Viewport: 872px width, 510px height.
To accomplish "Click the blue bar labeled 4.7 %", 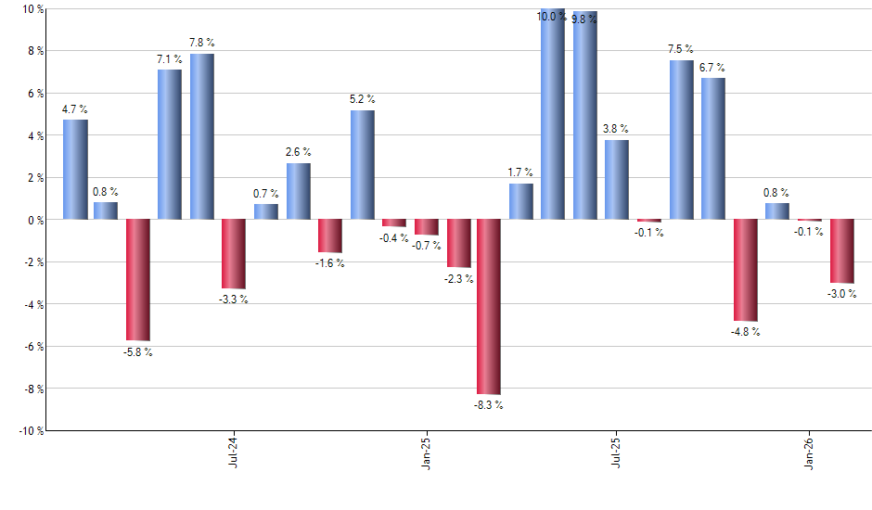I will (x=75, y=170).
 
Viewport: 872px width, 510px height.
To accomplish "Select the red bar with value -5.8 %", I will (x=138, y=280).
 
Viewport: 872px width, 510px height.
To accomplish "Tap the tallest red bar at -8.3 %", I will (x=489, y=307).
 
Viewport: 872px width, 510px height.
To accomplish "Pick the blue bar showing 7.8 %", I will (x=202, y=136).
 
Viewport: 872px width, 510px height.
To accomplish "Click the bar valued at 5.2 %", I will (x=363, y=165).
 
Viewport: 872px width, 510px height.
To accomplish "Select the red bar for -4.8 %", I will (x=745, y=270).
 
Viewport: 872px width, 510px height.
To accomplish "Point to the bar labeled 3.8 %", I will (x=617, y=180).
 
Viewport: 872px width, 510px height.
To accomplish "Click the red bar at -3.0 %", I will (x=841, y=251).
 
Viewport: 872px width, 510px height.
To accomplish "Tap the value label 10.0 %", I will (x=551, y=16).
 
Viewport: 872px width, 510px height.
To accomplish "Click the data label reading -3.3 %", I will (x=234, y=300).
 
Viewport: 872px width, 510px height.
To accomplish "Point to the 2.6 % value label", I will (x=298, y=152).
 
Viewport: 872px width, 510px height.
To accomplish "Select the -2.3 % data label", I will (x=459, y=279).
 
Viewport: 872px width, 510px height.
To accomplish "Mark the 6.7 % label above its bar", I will (x=712, y=68).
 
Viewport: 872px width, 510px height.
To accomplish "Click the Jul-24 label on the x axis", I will (x=232, y=452).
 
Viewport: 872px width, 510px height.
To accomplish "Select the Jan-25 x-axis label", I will (x=425, y=452).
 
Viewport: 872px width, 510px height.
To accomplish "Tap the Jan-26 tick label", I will (x=811, y=452).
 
